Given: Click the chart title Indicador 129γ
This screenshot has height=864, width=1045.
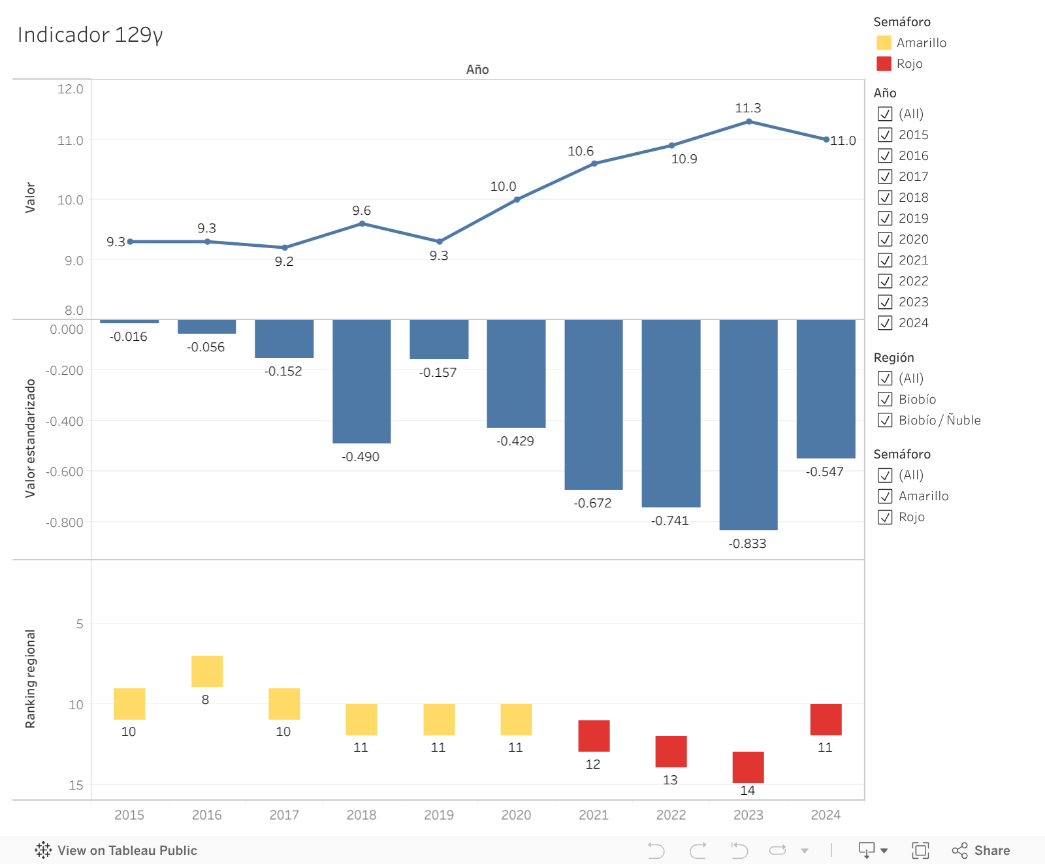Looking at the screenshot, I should pyautogui.click(x=90, y=35).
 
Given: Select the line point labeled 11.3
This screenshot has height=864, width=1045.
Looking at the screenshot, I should pyautogui.click(x=748, y=121).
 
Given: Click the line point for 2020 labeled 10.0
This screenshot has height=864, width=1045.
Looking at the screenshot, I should pyautogui.click(x=517, y=199).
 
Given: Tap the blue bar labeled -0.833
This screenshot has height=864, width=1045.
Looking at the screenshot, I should pyautogui.click(x=748, y=424).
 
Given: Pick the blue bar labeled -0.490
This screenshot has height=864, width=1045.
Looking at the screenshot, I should pyautogui.click(x=361, y=381).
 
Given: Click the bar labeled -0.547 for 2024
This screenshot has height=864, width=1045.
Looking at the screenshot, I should pyautogui.click(x=826, y=389).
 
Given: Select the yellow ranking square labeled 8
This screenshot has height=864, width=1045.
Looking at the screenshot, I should pyautogui.click(x=207, y=671).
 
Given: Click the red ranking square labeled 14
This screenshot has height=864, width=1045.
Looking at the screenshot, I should pyautogui.click(x=748, y=767).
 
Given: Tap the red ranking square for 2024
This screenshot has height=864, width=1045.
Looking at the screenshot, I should pyautogui.click(x=826, y=720).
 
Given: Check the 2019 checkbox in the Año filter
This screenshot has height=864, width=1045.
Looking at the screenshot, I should pyautogui.click(x=885, y=218).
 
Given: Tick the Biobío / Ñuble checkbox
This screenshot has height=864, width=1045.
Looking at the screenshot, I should pyautogui.click(x=885, y=420).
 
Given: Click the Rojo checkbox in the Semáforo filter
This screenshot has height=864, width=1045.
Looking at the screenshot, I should pyautogui.click(x=885, y=517).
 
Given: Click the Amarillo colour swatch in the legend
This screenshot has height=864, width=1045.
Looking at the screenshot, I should pyautogui.click(x=884, y=42).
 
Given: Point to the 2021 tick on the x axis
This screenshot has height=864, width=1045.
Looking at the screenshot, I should pyautogui.click(x=593, y=815).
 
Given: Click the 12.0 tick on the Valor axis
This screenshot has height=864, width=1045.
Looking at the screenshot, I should pyautogui.click(x=70, y=89).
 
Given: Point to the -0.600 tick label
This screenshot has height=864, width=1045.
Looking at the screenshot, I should pyautogui.click(x=65, y=472).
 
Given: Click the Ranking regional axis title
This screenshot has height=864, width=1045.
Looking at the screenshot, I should pyautogui.click(x=30, y=679).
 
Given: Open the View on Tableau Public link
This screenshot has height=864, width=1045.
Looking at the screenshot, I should pyautogui.click(x=116, y=850).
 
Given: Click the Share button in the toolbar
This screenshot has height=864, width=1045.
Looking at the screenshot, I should pyautogui.click(x=981, y=850).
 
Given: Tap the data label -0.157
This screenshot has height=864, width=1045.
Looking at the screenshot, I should pyautogui.click(x=438, y=372).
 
